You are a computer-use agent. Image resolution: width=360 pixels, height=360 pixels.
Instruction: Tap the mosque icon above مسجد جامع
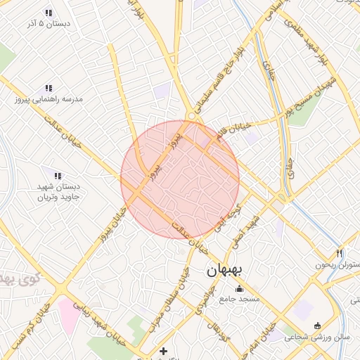(239, 288)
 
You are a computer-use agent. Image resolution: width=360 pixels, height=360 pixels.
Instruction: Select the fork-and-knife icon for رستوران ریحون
(339, 253)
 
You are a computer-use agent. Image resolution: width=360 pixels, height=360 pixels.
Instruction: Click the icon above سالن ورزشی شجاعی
(317, 326)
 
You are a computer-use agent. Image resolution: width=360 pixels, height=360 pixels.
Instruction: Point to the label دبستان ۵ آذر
(49, 24)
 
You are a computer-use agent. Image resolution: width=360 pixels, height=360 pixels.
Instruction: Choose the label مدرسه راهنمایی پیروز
(49, 99)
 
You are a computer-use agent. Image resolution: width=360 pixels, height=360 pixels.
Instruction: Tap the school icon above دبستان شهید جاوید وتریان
(58, 176)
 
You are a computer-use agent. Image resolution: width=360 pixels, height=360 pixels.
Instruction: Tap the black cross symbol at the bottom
(164, 350)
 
